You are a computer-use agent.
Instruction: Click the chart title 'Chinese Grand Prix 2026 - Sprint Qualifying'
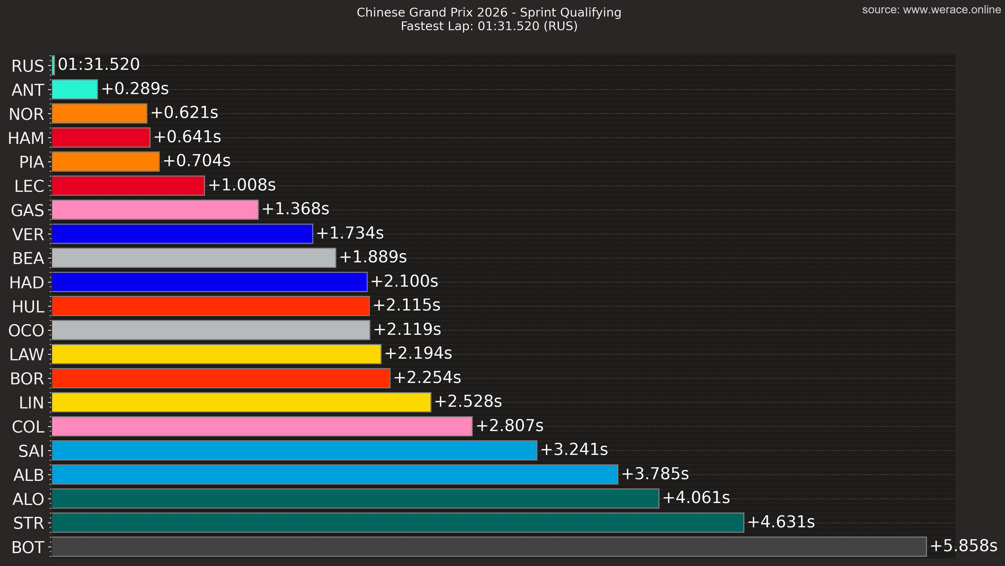tap(489, 13)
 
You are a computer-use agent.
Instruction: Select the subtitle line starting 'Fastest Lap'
tap(489, 26)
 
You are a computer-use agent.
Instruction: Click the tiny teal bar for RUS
tap(53, 65)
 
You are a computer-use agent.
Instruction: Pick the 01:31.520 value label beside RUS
tap(99, 64)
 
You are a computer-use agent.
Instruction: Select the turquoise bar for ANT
tap(75, 89)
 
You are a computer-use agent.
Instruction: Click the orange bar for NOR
tap(99, 114)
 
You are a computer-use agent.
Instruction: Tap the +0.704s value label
tap(197, 161)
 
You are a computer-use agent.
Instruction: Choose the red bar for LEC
tap(128, 186)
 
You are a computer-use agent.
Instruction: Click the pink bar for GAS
tap(155, 210)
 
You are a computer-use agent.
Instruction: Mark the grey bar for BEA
tap(193, 258)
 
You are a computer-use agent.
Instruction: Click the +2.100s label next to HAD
tap(404, 281)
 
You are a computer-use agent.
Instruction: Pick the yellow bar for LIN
tap(241, 402)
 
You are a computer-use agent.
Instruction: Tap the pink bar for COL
tap(262, 426)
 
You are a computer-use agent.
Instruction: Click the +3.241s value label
tap(574, 449)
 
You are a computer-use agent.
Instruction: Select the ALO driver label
tap(28, 499)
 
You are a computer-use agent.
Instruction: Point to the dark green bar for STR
tap(398, 523)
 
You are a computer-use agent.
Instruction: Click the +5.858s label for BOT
tap(963, 546)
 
